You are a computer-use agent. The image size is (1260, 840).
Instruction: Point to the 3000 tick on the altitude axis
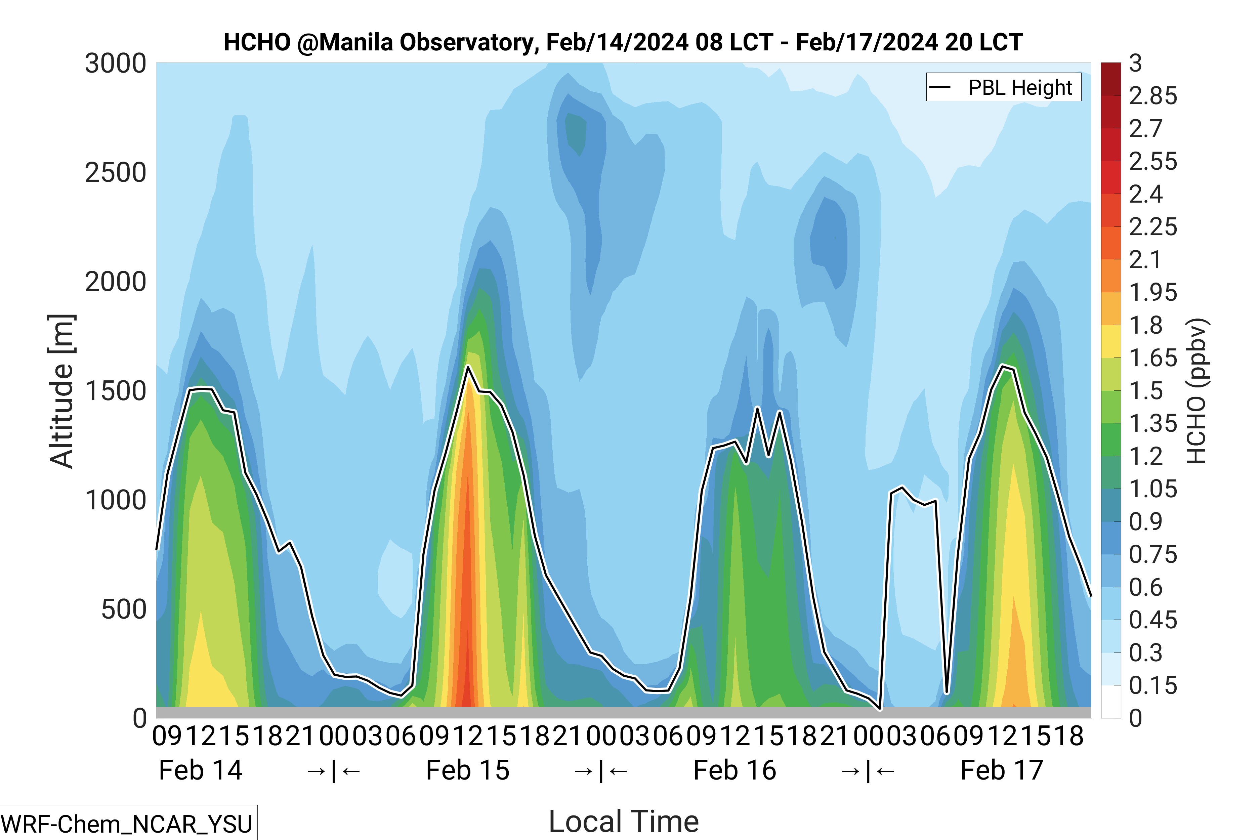tap(116, 64)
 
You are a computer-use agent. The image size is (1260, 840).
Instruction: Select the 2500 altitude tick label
tap(116, 173)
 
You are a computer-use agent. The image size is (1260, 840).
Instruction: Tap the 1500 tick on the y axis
tap(116, 391)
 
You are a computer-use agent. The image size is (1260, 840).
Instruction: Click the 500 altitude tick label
tap(124, 610)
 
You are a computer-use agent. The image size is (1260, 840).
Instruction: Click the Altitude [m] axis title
tap(61, 391)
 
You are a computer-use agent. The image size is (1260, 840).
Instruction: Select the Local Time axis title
tap(624, 821)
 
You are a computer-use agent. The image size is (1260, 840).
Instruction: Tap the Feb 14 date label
tap(201, 770)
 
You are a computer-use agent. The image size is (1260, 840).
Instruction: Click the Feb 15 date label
tap(468, 770)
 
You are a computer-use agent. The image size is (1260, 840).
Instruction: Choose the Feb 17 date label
tap(1002, 770)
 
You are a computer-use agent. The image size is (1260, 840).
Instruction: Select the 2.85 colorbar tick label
tap(1153, 96)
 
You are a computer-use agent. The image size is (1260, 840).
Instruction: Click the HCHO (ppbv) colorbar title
tap(1196, 391)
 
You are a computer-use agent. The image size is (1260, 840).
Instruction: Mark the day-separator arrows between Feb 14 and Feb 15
tap(334, 771)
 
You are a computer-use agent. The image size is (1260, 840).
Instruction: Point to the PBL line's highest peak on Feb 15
tap(468, 367)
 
